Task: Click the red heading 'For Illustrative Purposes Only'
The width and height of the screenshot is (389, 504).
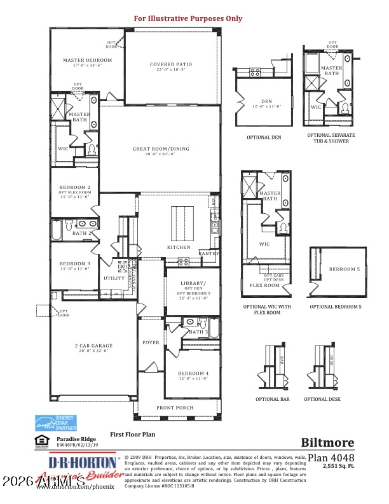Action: click(188, 18)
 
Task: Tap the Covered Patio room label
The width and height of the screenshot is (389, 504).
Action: click(170, 64)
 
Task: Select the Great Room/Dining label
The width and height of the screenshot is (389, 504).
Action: click(161, 149)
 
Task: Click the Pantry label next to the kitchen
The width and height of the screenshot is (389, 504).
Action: click(209, 253)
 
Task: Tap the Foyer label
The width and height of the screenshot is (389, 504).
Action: click(151, 342)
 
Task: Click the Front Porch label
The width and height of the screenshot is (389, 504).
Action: click(176, 407)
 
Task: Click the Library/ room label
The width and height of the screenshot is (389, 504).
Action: click(192, 283)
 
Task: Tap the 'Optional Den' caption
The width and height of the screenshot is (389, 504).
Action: click(264, 137)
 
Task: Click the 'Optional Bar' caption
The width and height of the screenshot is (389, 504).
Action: click(272, 399)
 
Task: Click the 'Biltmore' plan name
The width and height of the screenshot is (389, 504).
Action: click(327, 442)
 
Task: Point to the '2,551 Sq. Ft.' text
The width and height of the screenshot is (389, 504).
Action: click(338, 466)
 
